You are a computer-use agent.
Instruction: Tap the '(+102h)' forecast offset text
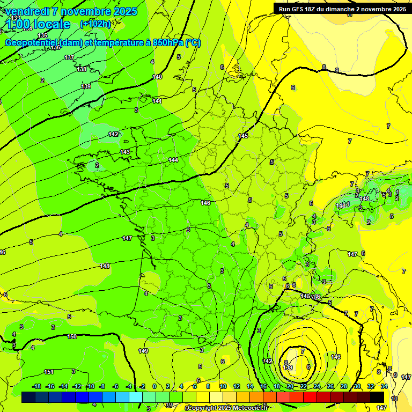[95, 24]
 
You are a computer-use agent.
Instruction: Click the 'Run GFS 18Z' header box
[342, 9]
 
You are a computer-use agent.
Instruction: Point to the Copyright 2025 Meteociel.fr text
[227, 408]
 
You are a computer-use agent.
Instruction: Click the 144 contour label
[173, 160]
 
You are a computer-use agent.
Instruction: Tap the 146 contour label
[205, 203]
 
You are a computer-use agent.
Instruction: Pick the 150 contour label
[72, 336]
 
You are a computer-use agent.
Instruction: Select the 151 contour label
[49, 372]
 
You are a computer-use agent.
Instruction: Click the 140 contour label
[157, 77]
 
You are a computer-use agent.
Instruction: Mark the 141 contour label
[157, 101]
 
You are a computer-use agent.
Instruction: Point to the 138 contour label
[82, 69]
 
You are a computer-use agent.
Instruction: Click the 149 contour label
[143, 351]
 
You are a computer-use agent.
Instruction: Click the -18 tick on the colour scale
[36, 386]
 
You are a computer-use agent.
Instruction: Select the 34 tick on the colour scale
[384, 386]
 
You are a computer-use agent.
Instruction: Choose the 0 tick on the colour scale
[154, 386]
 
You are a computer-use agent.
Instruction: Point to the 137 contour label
[69, 57]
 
